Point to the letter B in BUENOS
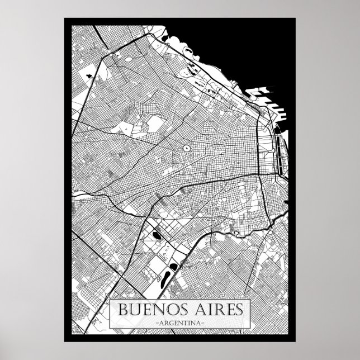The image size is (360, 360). coord(122,309)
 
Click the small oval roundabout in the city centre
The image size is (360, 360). coord(184,149)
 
